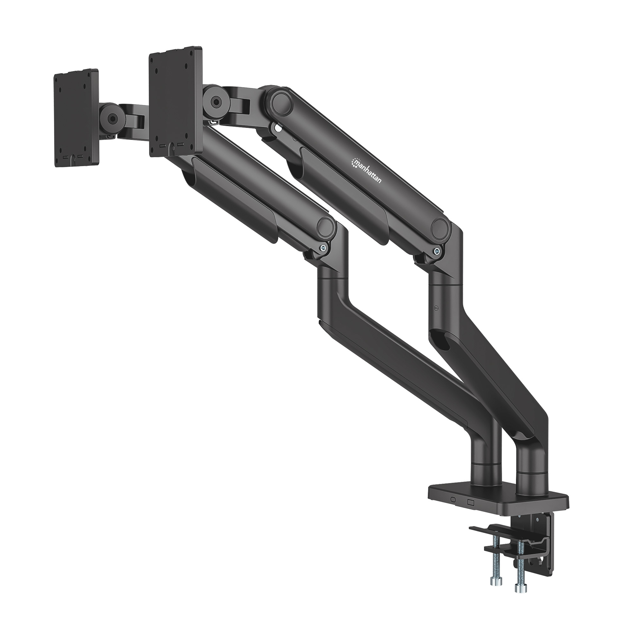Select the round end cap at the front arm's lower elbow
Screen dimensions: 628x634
tap(326, 227)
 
